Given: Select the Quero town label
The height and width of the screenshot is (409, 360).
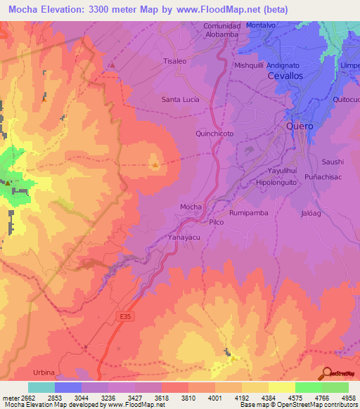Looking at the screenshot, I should click(x=300, y=126).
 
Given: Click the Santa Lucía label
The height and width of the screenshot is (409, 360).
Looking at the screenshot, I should click(x=181, y=99).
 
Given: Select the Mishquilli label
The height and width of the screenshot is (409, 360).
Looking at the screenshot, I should click(x=247, y=63).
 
